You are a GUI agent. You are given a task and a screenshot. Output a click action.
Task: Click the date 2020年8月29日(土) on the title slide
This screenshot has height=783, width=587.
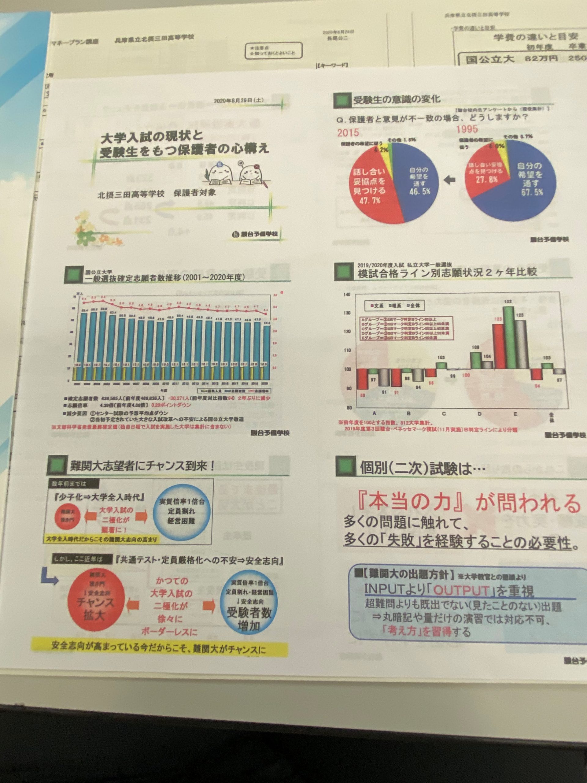[x=238, y=101]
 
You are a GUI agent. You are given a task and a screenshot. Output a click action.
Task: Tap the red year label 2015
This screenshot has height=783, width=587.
[x=348, y=133]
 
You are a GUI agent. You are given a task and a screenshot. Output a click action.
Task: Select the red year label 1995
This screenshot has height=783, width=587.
[x=467, y=129]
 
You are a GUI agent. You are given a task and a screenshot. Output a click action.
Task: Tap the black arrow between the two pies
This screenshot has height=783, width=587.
[x=449, y=180]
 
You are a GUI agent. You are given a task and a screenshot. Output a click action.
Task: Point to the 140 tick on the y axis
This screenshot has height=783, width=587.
[x=347, y=295]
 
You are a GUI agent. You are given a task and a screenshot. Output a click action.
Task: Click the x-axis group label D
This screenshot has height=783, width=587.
[x=479, y=414]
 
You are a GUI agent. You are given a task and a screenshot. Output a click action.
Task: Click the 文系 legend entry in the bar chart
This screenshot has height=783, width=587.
[x=377, y=306]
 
